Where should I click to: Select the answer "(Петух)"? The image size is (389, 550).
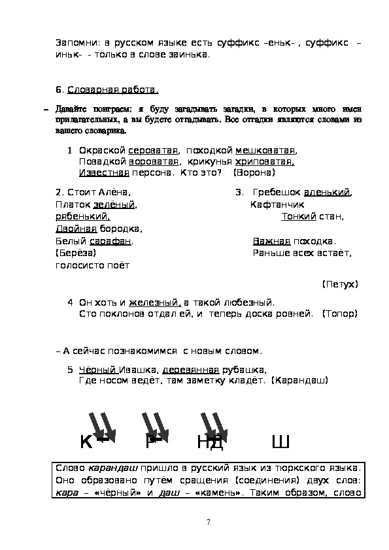pos(340,284)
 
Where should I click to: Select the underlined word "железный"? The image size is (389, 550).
pos(154,302)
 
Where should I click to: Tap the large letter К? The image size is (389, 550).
pos(86,444)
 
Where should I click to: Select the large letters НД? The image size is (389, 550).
pos(211,444)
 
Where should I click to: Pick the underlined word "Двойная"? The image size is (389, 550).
pos(76,229)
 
